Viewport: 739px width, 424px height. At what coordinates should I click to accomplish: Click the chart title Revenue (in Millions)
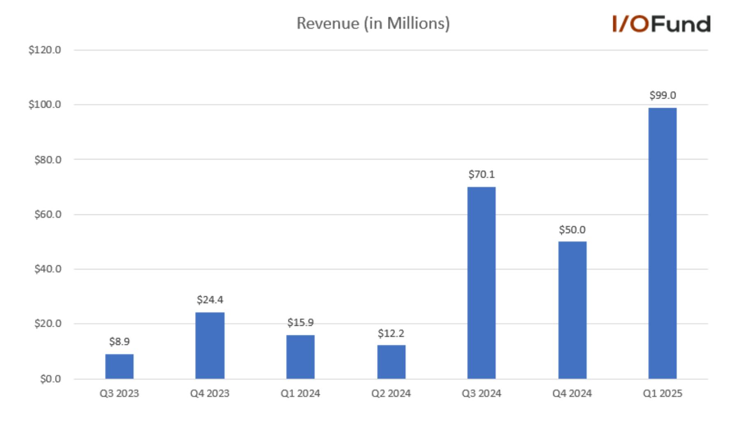[x=373, y=23]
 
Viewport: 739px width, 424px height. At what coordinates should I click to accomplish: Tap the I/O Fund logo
[x=661, y=24]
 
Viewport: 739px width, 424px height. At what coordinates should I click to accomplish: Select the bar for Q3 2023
[x=119, y=366]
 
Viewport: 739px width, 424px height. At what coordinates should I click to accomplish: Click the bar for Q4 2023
[x=210, y=345]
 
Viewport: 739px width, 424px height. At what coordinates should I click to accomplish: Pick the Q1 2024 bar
[x=300, y=357]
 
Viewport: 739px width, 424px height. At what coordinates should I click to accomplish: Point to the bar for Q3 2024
[x=481, y=283]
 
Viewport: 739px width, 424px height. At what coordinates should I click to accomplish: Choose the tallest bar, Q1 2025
[x=663, y=243]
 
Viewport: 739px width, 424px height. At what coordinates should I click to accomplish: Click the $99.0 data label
[x=663, y=95]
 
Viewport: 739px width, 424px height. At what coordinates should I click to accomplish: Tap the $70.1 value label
[x=481, y=175]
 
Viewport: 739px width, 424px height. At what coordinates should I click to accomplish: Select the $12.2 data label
[x=391, y=333]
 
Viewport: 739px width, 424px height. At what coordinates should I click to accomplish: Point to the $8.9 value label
[x=119, y=341]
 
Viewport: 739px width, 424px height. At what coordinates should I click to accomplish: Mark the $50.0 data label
[x=572, y=230]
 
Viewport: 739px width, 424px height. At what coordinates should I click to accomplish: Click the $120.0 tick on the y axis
[x=45, y=50]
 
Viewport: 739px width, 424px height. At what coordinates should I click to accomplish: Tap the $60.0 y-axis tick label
[x=48, y=214]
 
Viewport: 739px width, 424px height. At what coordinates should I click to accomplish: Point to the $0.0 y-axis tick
[x=51, y=379]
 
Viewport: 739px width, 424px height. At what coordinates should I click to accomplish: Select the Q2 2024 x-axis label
[x=391, y=394]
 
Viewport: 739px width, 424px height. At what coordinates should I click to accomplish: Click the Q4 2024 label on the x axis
[x=572, y=394]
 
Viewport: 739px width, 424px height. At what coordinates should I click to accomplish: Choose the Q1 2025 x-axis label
[x=663, y=394]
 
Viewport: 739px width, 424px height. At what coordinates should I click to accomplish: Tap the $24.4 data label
[x=210, y=300]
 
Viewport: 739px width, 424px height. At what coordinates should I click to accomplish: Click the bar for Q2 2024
[x=391, y=362]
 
